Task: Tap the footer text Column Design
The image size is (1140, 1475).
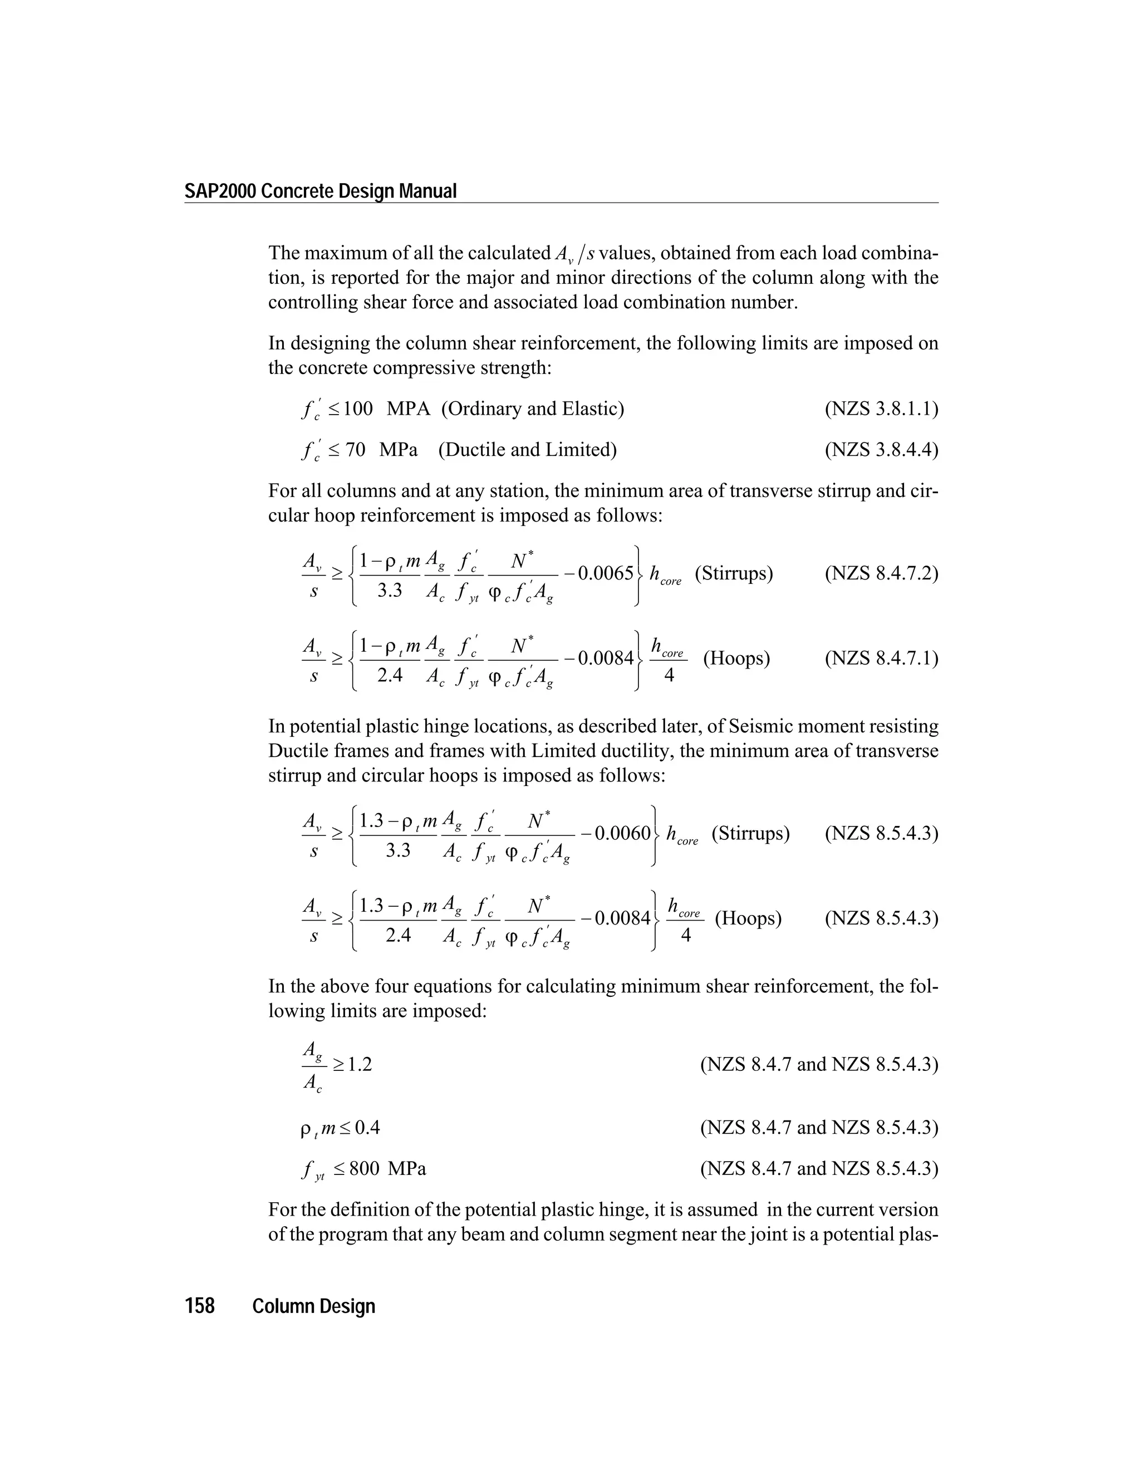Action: point(313,1306)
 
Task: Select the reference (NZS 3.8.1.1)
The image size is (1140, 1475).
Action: point(881,409)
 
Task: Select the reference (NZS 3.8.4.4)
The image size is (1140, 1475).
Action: point(881,449)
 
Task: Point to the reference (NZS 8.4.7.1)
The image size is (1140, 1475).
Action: point(881,658)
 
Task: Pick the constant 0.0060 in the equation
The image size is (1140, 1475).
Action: point(623,833)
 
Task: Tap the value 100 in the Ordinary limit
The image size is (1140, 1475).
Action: point(358,409)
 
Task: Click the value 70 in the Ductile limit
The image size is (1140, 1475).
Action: point(355,449)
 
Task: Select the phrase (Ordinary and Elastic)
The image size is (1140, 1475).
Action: point(532,409)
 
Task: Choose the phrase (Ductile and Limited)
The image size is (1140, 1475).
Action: point(528,449)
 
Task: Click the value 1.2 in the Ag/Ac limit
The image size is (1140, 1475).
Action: point(360,1064)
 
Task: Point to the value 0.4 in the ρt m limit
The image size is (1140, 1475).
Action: point(367,1127)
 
